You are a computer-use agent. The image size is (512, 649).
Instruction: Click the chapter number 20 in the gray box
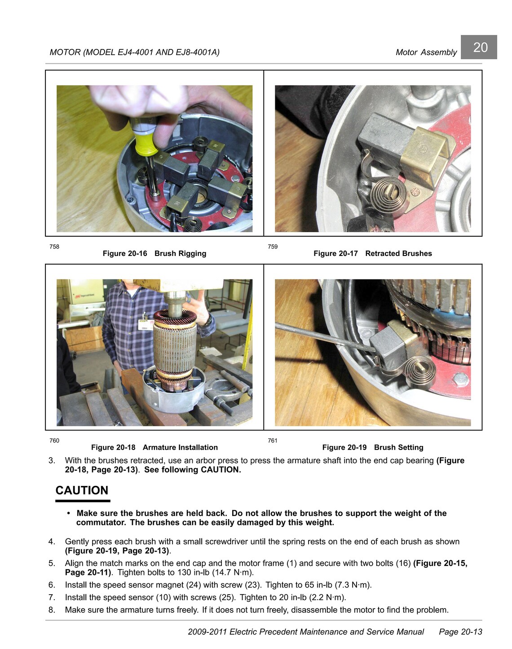tap(481, 47)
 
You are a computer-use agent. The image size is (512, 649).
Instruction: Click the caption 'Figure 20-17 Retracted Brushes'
tap(373, 253)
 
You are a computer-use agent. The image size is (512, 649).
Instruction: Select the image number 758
tap(54, 247)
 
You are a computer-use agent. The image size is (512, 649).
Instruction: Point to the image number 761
tap(273, 441)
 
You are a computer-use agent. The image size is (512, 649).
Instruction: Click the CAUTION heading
tap(82, 490)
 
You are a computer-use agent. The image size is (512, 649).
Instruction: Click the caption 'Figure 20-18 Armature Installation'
tap(154, 447)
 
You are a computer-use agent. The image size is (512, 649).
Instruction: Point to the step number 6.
tap(52, 585)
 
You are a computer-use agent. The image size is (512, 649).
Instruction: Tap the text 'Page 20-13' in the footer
tap(460, 631)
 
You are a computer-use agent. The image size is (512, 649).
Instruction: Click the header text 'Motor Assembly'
tap(426, 52)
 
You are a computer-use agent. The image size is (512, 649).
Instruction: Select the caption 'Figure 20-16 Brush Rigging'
tap(154, 253)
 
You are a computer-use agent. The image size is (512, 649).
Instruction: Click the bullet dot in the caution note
tap(69, 513)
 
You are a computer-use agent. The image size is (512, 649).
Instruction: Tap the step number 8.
tap(52, 610)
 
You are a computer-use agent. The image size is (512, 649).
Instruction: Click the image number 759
tap(273, 247)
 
